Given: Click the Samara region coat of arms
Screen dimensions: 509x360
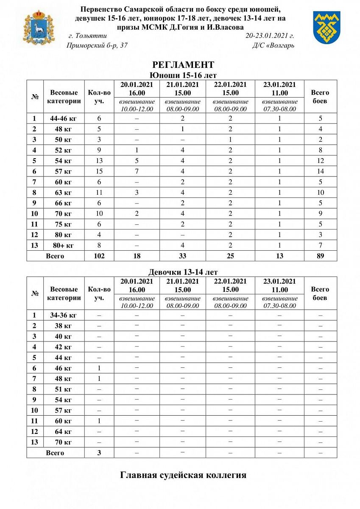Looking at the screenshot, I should pyautogui.click(x=39, y=27).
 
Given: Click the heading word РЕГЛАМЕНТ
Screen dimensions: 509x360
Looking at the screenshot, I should pyautogui.click(x=183, y=65).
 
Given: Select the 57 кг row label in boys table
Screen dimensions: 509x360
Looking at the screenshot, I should pyautogui.click(x=64, y=171).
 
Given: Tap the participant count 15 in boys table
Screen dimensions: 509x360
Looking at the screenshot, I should pyautogui.click(x=99, y=171).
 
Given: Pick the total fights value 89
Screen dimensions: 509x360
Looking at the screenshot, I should pyautogui.click(x=320, y=256).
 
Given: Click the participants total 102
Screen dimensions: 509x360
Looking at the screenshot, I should pyautogui.click(x=99, y=256).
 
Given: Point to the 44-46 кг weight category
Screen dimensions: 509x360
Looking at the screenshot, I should pyautogui.click(x=64, y=118).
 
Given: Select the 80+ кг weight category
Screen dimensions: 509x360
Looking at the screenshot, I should pyautogui.click(x=64, y=245).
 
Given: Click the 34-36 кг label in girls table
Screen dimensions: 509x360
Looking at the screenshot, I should pyautogui.click(x=64, y=315).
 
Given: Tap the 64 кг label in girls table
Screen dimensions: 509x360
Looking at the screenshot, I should pyautogui.click(x=64, y=431).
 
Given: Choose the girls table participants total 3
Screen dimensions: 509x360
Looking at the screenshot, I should pyautogui.click(x=99, y=453).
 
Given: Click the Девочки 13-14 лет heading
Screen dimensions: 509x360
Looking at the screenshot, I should pyautogui.click(x=183, y=272).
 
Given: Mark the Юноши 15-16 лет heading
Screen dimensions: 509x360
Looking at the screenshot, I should pyautogui.click(x=183, y=75).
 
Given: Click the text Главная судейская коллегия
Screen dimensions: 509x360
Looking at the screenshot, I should pyautogui.click(x=183, y=475).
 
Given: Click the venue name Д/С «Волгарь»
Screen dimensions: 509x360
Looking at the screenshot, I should pyautogui.click(x=273, y=45).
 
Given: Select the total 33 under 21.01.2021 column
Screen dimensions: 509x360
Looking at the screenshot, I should pyautogui.click(x=183, y=256).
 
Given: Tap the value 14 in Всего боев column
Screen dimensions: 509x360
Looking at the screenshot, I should pyautogui.click(x=320, y=171).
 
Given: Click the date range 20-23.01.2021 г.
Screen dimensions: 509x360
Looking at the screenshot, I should pyautogui.click(x=270, y=36).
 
